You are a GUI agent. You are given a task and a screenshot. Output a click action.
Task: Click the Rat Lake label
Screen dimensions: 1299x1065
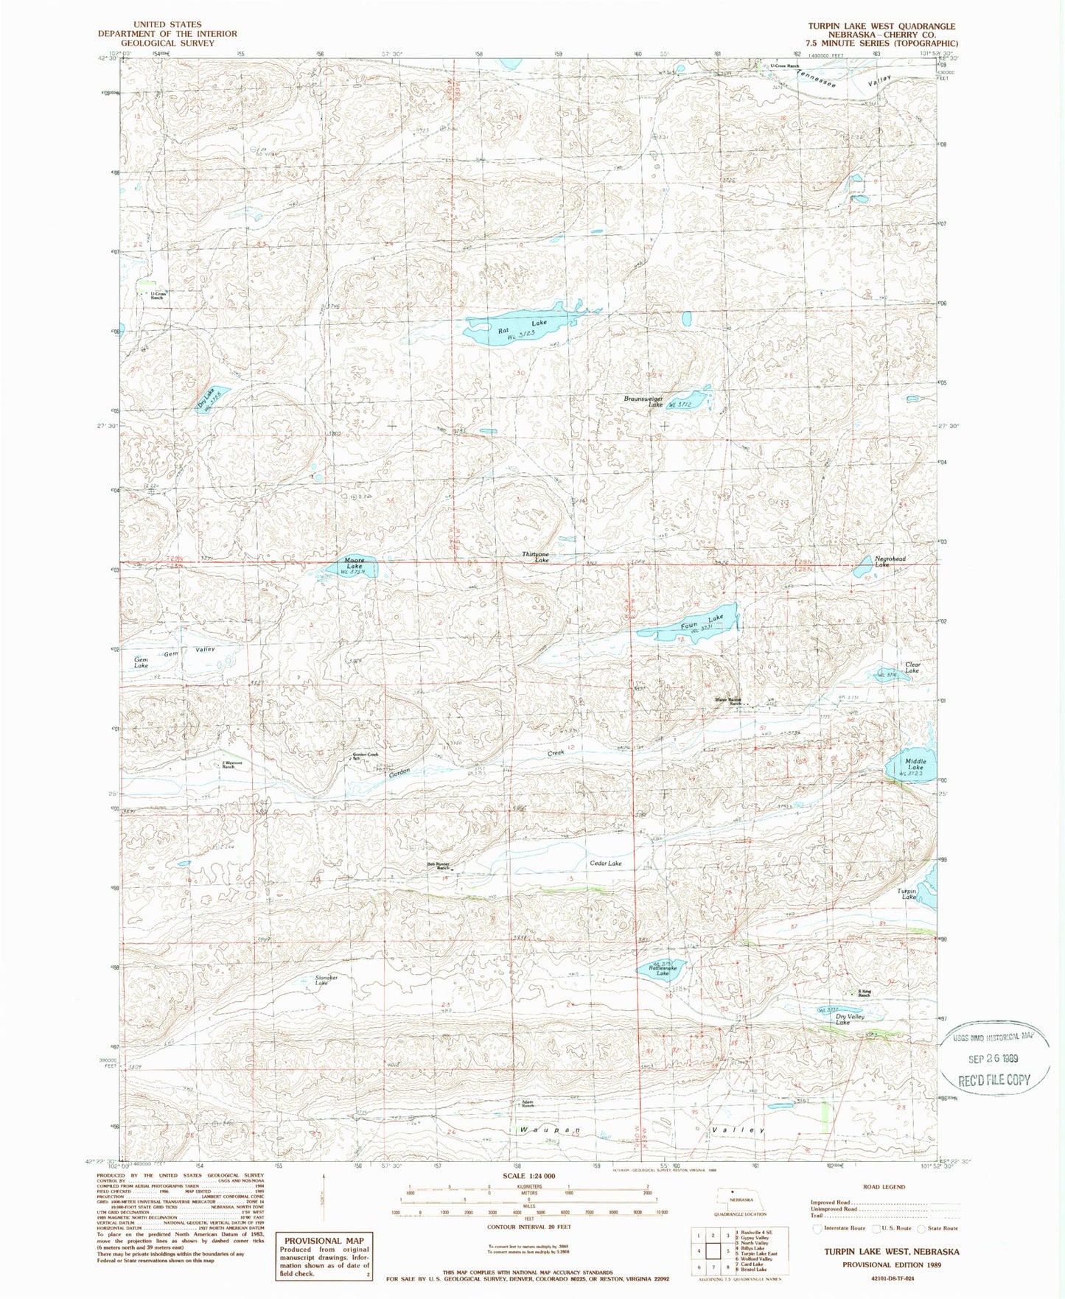pyautogui.click(x=522, y=327)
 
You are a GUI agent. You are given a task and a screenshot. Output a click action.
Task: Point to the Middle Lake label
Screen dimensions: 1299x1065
pyautogui.click(x=915, y=763)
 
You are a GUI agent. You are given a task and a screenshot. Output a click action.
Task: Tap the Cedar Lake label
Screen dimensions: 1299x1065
pyautogui.click(x=606, y=863)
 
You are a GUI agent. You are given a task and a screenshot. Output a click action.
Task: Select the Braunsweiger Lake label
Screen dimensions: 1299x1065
pyautogui.click(x=644, y=402)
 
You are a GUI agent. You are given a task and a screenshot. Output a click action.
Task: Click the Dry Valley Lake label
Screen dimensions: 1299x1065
pyautogui.click(x=850, y=1020)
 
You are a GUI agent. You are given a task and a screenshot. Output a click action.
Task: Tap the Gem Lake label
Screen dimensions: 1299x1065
pyautogui.click(x=141, y=662)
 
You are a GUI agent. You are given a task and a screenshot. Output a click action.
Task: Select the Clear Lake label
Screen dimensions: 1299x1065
pyautogui.click(x=912, y=668)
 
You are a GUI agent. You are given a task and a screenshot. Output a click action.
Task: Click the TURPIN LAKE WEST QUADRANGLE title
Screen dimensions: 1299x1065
pyautogui.click(x=881, y=26)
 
